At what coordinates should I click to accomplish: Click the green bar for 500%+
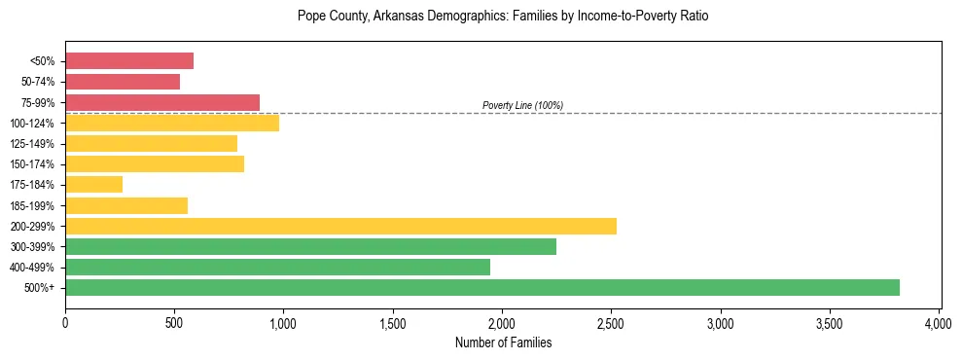pos(481,287)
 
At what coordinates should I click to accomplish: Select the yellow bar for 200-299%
pos(340,226)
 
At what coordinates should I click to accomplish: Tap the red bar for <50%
pos(129,61)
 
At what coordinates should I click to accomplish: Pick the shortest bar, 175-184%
pos(93,185)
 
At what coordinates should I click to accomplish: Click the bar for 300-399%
pos(310,246)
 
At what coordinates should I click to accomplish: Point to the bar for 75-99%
pos(162,102)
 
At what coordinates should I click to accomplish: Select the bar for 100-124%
pos(172,123)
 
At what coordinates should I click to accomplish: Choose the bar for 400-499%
pos(277,267)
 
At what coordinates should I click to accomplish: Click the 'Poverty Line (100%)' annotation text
pos(522,105)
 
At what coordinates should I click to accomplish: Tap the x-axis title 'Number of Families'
pos(503,342)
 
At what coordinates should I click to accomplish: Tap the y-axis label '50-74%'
pos(38,82)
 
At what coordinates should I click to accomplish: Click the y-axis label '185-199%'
pos(34,205)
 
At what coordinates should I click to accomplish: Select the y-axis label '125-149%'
pos(34,144)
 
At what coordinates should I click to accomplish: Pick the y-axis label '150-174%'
pos(34,164)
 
